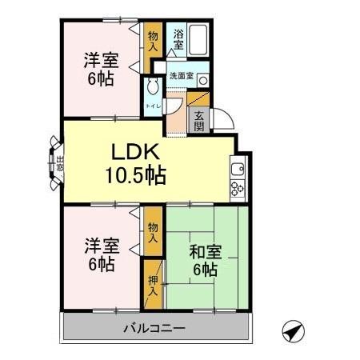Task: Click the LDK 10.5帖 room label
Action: pyautogui.click(x=136, y=164)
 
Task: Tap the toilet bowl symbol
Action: pyautogui.click(x=153, y=86)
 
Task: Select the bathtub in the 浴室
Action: pyautogui.click(x=198, y=40)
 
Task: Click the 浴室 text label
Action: pyautogui.click(x=178, y=39)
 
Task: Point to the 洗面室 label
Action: pyautogui.click(x=182, y=76)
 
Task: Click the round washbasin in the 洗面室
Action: pyautogui.click(x=203, y=80)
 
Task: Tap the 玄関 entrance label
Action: pyautogui.click(x=199, y=122)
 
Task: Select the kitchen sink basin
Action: pyautogui.click(x=238, y=169)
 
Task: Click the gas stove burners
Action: pyautogui.click(x=238, y=189)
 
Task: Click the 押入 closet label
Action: pyautogui.click(x=153, y=286)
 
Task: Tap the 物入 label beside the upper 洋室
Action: pyautogui.click(x=153, y=41)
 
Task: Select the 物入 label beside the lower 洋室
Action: pyautogui.click(x=153, y=233)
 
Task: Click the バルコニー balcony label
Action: pyautogui.click(x=154, y=328)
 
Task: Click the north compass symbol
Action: pyautogui.click(x=294, y=331)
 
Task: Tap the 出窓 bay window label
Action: pyautogui.click(x=60, y=163)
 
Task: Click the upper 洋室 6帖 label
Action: pyautogui.click(x=102, y=69)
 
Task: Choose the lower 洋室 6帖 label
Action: pyautogui.click(x=102, y=254)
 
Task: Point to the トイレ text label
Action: pyautogui.click(x=153, y=106)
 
